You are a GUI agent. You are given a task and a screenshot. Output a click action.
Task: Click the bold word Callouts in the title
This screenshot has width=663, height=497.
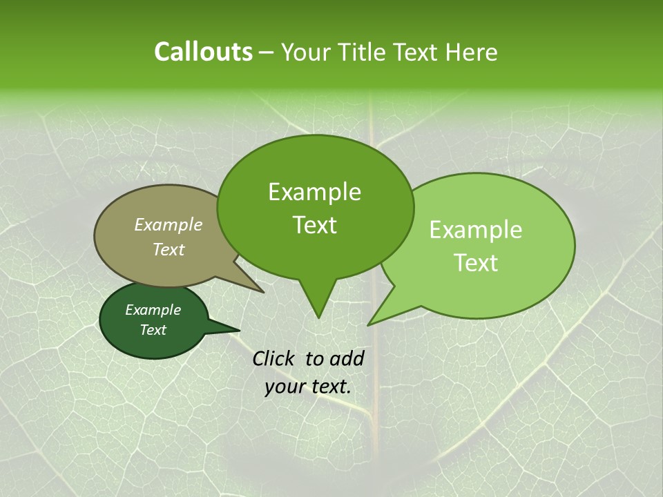click(203, 52)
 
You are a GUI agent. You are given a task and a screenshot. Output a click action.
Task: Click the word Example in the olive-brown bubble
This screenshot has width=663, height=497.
click(168, 224)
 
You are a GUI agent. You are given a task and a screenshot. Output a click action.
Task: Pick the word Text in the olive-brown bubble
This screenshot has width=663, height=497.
click(168, 249)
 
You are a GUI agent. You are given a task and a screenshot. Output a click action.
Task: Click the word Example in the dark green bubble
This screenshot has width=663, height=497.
click(153, 310)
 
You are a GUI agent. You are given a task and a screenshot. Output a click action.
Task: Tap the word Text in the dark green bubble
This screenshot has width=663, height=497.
click(153, 330)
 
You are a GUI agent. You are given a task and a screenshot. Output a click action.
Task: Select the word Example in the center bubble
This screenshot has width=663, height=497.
click(314, 192)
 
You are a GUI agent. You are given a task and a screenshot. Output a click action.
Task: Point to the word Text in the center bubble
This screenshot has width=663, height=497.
click(314, 225)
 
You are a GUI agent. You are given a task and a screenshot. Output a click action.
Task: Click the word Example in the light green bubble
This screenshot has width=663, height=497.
click(476, 230)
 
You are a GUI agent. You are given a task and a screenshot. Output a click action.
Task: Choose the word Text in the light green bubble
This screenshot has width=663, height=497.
click(476, 262)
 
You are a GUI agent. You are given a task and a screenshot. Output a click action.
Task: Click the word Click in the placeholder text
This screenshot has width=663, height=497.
click(275, 358)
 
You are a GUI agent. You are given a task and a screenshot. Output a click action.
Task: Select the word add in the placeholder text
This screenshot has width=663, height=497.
click(347, 358)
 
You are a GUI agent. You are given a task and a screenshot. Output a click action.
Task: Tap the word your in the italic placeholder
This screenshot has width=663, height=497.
click(284, 387)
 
